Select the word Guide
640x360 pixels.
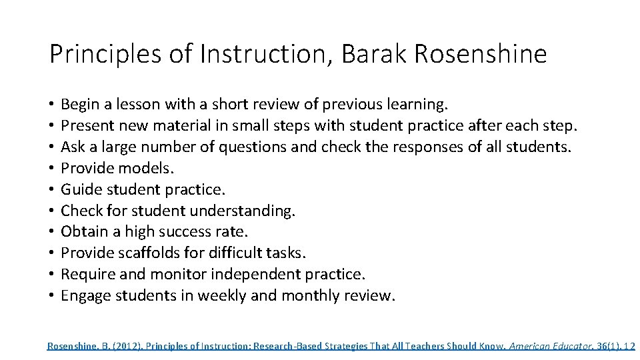79,190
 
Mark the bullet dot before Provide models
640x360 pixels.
51,169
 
